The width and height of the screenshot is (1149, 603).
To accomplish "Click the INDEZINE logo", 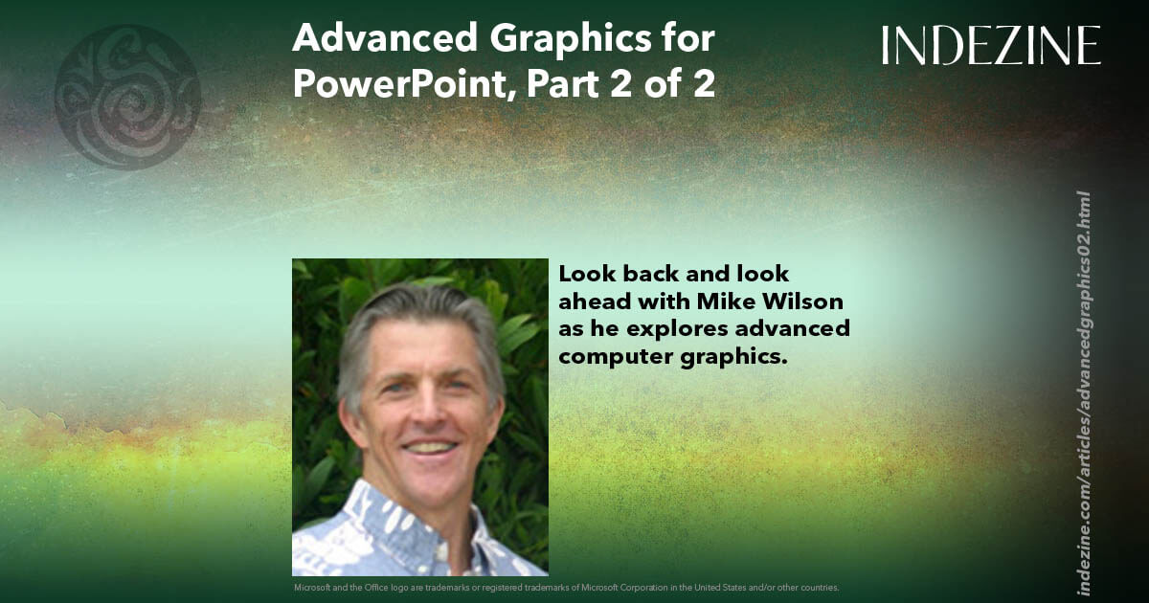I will [x=991, y=45].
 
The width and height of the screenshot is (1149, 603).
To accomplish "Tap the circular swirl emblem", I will [x=127, y=97].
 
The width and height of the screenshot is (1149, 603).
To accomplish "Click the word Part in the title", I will [x=552, y=84].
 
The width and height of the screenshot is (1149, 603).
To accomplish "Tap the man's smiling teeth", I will [x=428, y=447].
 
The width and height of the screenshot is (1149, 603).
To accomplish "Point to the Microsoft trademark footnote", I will [x=566, y=587].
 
